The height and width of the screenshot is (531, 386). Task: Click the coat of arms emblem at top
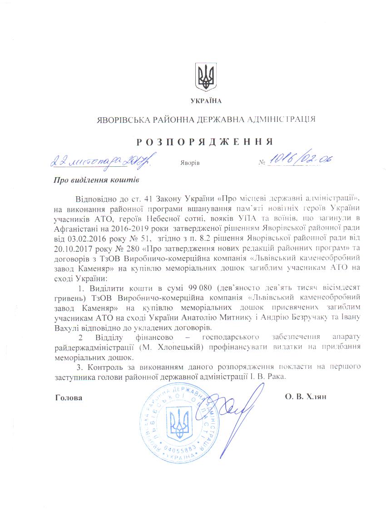205,77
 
